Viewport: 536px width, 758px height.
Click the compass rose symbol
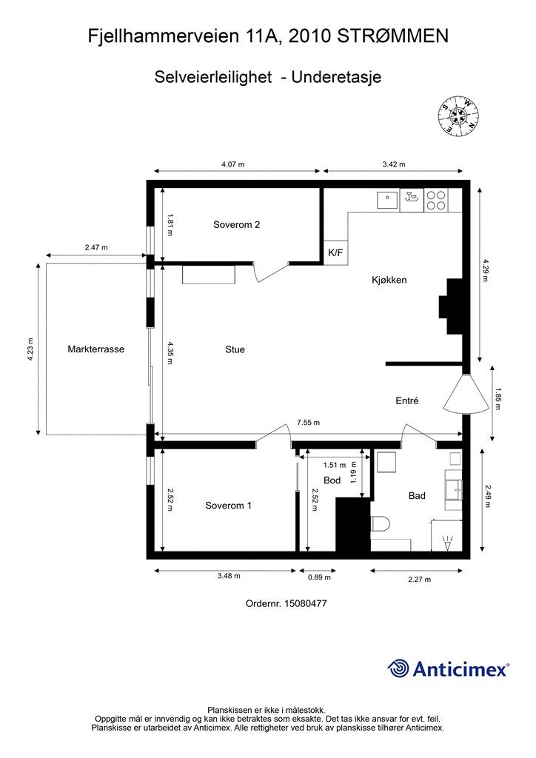point(458,115)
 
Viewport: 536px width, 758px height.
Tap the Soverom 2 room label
point(236,224)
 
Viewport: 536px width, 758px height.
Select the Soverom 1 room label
point(229,506)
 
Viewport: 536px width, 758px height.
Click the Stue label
point(235,349)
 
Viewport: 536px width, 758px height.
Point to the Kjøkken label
point(389,280)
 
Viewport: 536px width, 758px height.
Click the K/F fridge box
point(335,252)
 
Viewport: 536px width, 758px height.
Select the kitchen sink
point(386,200)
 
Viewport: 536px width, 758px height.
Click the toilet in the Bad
point(379,525)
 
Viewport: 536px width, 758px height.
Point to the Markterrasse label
point(96,349)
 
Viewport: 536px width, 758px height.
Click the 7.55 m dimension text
point(308,423)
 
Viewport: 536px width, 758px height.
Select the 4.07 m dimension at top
point(232,164)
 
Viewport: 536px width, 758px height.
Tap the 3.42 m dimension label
point(393,164)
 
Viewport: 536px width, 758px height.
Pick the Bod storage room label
point(332,480)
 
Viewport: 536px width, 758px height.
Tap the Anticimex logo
point(449,668)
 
